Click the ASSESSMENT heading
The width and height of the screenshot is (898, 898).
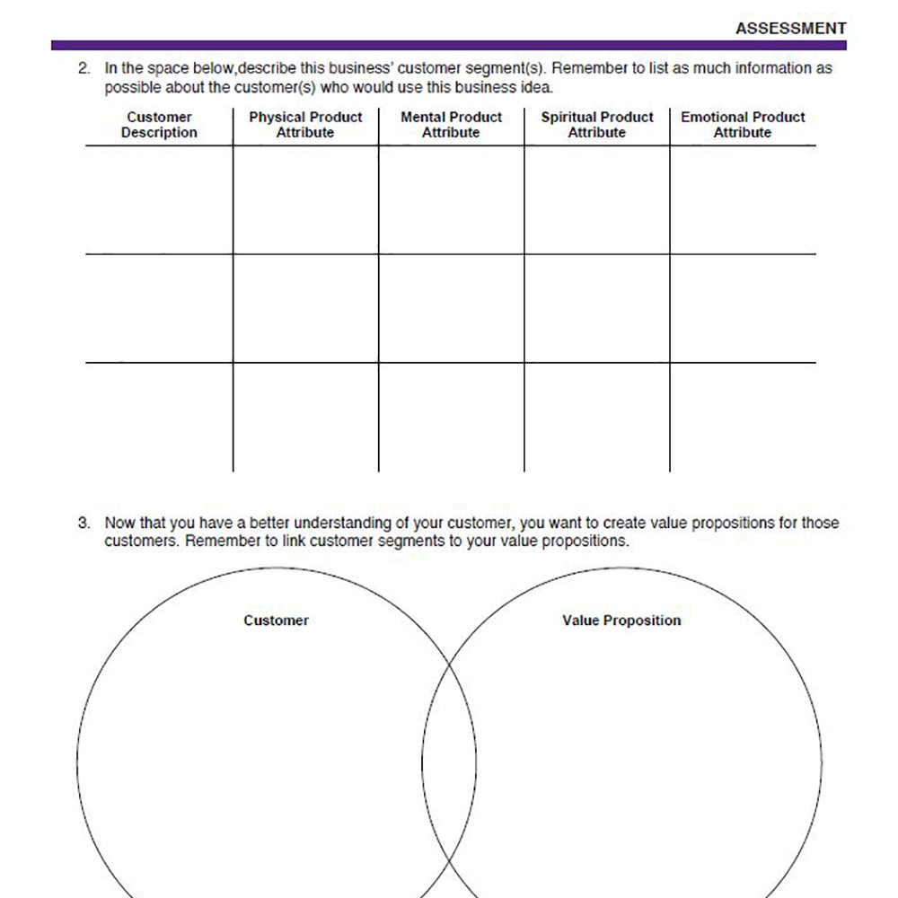click(790, 29)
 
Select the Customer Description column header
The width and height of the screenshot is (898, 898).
click(159, 125)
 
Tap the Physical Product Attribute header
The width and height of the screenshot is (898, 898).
click(305, 125)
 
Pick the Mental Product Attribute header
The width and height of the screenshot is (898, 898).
click(451, 125)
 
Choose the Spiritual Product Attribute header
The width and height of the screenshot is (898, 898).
click(597, 125)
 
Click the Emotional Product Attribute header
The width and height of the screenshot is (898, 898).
click(743, 125)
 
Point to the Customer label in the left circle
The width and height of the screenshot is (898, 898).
click(276, 621)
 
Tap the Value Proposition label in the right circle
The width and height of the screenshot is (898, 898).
click(621, 621)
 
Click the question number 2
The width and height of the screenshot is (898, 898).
click(84, 68)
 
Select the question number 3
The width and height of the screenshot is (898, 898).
click(84, 523)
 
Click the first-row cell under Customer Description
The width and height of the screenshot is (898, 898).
click(159, 199)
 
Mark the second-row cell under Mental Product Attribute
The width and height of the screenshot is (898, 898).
click(451, 308)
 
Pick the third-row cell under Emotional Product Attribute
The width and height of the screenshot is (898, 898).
click(743, 417)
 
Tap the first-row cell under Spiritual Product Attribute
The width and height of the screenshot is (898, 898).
click(597, 199)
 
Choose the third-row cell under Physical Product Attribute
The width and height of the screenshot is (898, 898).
click(305, 417)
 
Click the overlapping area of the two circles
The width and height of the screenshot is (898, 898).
click(449, 763)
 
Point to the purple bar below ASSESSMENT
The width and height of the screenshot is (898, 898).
click(449, 45)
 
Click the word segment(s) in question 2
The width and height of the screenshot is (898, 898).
click(511, 68)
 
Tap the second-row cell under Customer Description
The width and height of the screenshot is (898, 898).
click(159, 308)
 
